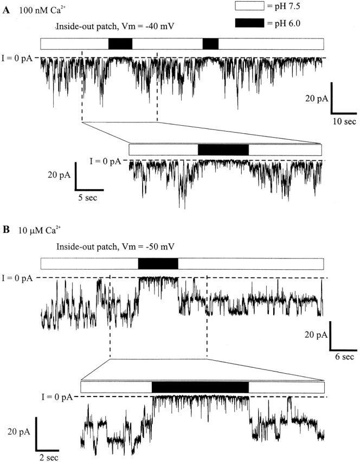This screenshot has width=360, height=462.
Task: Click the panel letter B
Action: [6, 230]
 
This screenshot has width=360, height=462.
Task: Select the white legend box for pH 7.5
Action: [249, 5]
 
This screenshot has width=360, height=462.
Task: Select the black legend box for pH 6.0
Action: [249, 23]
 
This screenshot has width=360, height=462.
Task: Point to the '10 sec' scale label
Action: [344, 121]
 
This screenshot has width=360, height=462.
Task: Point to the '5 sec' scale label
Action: [88, 198]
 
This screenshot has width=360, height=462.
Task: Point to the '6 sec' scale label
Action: [344, 357]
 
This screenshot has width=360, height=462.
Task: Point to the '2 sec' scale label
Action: [49, 458]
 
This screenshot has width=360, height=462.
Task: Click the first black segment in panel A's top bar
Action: [120, 44]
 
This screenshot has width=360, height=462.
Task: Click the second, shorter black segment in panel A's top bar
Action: [210, 44]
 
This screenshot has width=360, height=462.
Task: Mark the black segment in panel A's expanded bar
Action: [223, 149]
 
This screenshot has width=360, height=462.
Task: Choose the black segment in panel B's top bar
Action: [158, 264]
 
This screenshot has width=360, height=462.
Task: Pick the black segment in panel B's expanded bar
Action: [200, 387]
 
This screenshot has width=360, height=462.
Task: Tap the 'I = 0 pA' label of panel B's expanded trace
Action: [56, 397]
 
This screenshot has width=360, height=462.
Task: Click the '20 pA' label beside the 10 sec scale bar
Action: [317, 99]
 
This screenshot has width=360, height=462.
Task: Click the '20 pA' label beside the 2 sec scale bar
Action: [19, 432]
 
